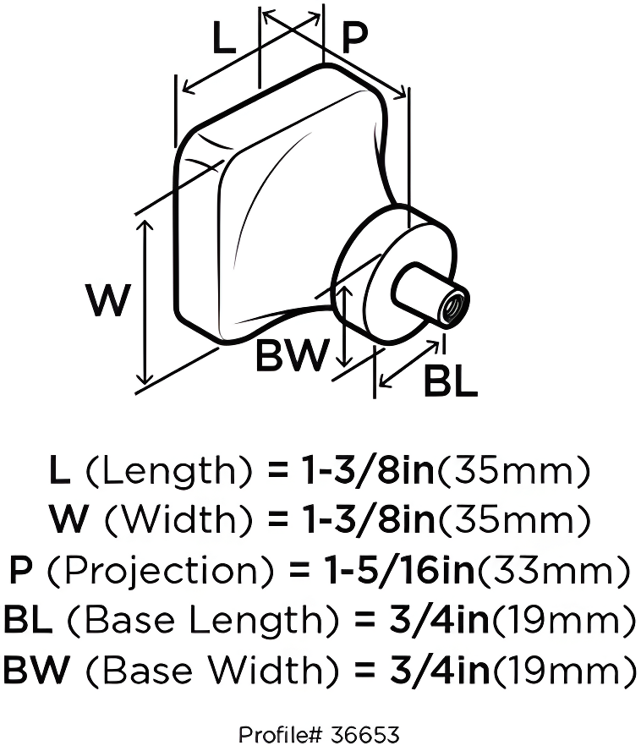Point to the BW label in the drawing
click(292, 356)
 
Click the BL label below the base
click(450, 381)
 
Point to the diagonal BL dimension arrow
click(411, 365)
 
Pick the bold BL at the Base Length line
click(29, 622)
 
